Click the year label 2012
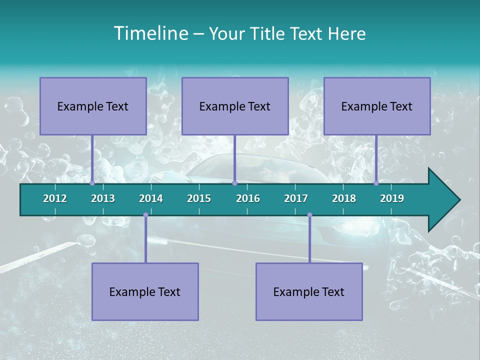pyautogui.click(x=55, y=198)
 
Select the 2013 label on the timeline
pyautogui.click(x=103, y=198)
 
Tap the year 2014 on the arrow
pyautogui.click(x=151, y=198)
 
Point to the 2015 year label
pyautogui.click(x=199, y=198)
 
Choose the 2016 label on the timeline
pyautogui.click(x=248, y=198)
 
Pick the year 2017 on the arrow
pyautogui.click(x=296, y=198)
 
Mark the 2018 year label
pyautogui.click(x=344, y=198)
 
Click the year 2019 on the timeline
pyautogui.click(x=392, y=198)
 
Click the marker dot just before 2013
pyautogui.click(x=92, y=183)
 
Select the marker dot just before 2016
pyautogui.click(x=234, y=183)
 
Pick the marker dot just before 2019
pyautogui.click(x=376, y=183)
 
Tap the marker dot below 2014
pyautogui.click(x=145, y=215)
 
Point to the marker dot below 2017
pyautogui.click(x=309, y=215)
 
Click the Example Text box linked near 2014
pyautogui.click(x=145, y=291)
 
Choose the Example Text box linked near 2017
pyautogui.click(x=309, y=291)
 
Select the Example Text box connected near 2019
pyautogui.click(x=377, y=106)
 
